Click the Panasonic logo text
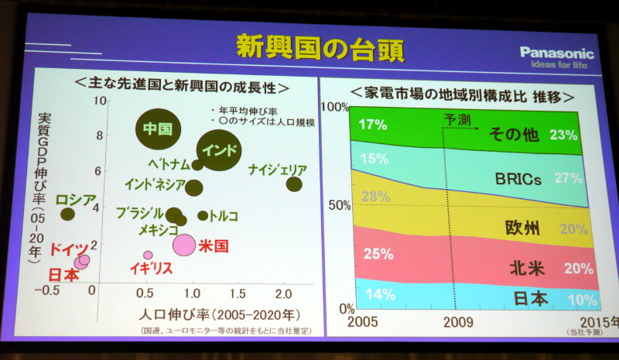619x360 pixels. (556, 53)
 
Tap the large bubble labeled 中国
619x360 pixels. (158, 129)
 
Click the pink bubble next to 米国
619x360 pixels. (183, 245)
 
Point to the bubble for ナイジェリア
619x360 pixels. (294, 183)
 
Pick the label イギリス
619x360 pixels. (151, 269)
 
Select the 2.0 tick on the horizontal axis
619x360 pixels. (284, 294)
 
